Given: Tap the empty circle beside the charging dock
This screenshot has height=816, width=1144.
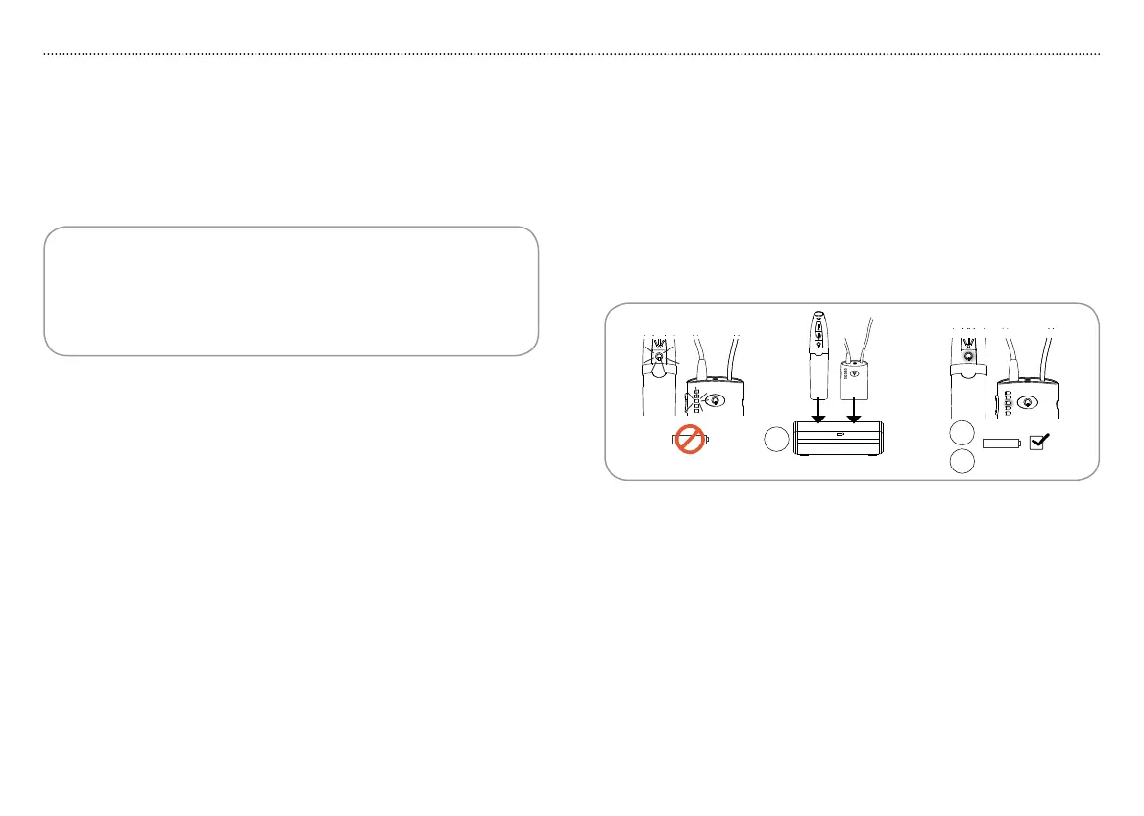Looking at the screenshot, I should [776, 441].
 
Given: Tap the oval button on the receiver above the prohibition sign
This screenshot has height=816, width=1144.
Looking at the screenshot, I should [715, 400].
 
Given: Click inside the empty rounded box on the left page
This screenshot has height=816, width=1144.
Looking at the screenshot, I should [290, 291].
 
